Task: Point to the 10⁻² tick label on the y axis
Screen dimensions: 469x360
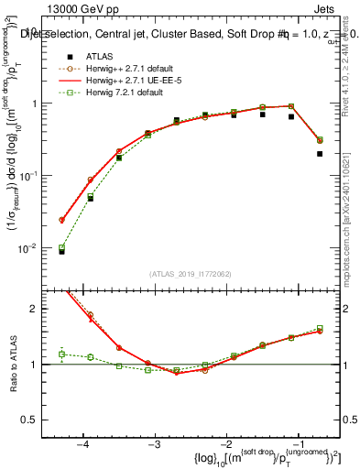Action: (x=35, y=248)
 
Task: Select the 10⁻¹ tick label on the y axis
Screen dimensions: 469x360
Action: (x=35, y=176)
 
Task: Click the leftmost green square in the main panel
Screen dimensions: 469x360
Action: (x=61, y=247)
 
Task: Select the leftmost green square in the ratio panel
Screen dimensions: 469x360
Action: (x=61, y=354)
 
